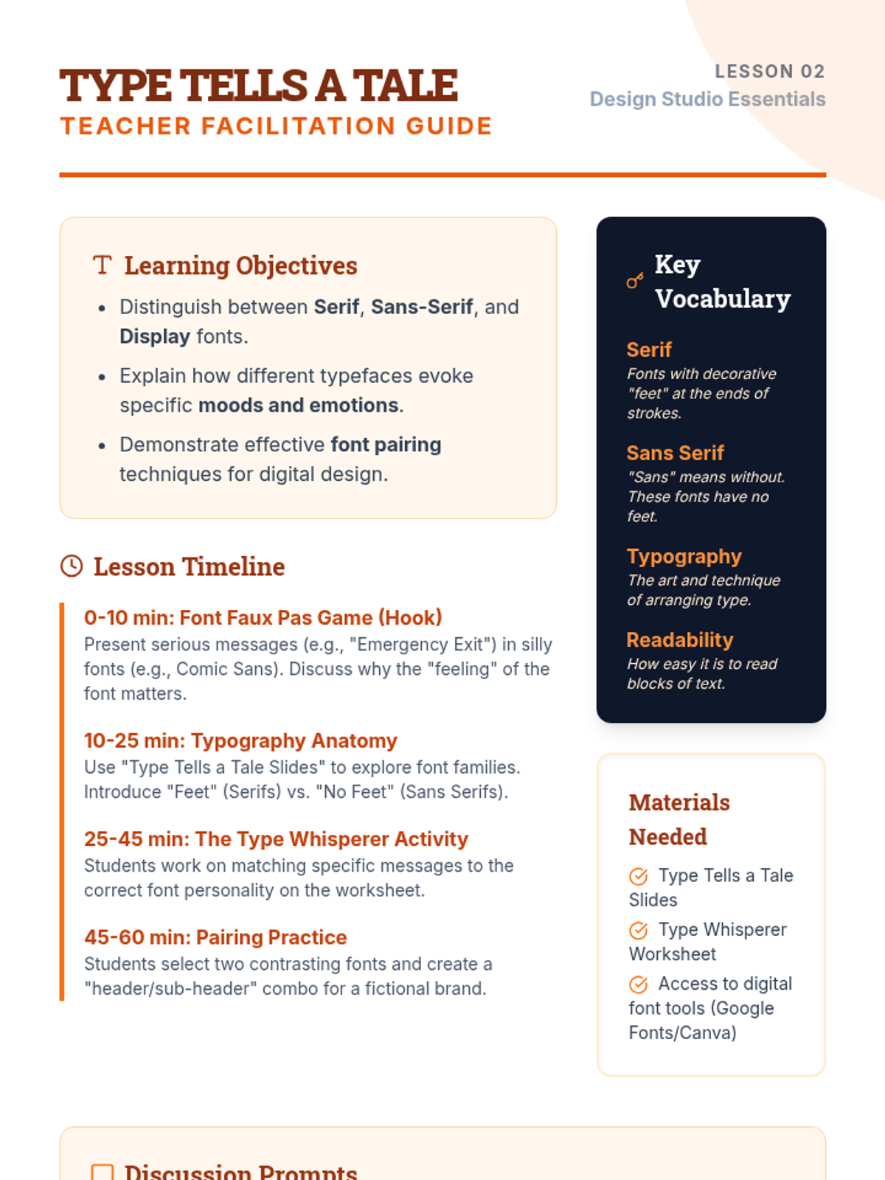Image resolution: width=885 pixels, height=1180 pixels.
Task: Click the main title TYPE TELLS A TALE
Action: pos(259,86)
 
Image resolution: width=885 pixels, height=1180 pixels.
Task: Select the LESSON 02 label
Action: pos(769,72)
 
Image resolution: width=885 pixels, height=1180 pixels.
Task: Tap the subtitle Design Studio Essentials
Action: pos(707,99)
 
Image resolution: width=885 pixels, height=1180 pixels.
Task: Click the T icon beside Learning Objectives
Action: pos(103,265)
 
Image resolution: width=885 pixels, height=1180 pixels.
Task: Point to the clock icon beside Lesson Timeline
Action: pos(72,566)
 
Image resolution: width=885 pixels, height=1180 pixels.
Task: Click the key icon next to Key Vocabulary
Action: pos(635,281)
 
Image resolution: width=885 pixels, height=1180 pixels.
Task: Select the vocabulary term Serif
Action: pos(649,350)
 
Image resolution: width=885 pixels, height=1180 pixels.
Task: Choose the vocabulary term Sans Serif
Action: pos(675,453)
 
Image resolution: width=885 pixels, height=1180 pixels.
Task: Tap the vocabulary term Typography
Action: pos(684,556)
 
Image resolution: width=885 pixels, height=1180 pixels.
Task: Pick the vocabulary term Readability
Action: pos(679,639)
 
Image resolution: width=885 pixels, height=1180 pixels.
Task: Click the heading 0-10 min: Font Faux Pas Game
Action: pos(263,617)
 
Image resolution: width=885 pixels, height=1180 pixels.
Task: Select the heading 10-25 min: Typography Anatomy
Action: pos(240,740)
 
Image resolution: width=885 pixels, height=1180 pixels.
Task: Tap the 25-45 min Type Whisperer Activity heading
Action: pos(276,839)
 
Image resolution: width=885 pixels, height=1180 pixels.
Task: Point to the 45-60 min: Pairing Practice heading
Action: pos(215,937)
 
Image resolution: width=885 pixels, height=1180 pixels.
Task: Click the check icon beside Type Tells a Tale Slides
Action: pos(639,876)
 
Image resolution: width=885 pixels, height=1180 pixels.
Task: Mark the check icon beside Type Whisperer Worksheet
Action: pos(639,930)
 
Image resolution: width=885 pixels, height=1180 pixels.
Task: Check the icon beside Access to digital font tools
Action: pos(639,985)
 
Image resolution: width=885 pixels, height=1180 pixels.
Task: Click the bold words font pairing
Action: pos(386,445)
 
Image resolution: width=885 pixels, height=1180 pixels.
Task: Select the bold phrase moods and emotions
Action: pos(299,406)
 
